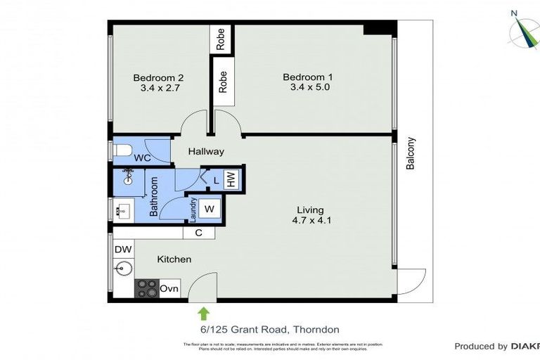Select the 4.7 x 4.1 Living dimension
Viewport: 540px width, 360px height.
[x=310, y=221]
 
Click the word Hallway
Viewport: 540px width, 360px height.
[x=206, y=151]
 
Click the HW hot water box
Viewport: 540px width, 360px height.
[x=230, y=179]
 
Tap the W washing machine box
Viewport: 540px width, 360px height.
[x=209, y=208]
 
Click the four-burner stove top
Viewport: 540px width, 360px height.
[x=147, y=288]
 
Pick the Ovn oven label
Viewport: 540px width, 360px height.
[x=169, y=288]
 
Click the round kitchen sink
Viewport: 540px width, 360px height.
[x=122, y=269]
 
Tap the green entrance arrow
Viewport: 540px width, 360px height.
[x=204, y=313]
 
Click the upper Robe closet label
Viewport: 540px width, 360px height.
[x=221, y=39]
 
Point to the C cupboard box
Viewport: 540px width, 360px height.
[x=199, y=233]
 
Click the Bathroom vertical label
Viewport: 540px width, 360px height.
[x=153, y=198]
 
